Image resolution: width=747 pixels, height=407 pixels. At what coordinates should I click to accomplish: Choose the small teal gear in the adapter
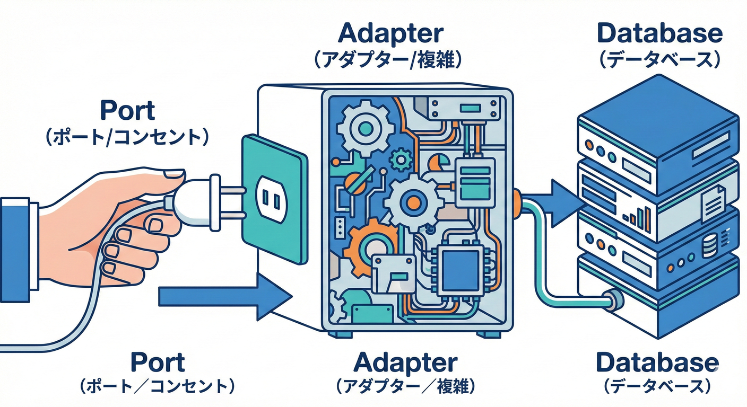(x=401, y=158)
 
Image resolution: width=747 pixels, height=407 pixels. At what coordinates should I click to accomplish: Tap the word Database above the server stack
(x=659, y=33)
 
